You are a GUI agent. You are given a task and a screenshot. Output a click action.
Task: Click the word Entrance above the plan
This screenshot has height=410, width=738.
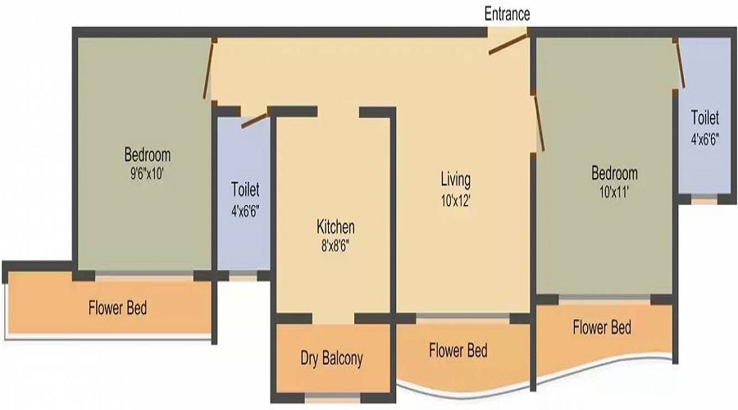click(x=507, y=14)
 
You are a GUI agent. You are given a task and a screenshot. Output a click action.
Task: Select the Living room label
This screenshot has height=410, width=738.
click(x=455, y=180)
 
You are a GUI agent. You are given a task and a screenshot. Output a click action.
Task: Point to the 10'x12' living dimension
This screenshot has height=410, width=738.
click(x=456, y=202)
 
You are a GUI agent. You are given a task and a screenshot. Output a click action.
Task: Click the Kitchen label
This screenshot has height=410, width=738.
click(x=335, y=227)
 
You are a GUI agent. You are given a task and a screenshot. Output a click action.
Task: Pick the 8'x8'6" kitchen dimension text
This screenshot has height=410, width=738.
click(x=335, y=246)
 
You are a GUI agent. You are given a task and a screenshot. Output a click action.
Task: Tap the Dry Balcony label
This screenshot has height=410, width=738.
click(x=332, y=358)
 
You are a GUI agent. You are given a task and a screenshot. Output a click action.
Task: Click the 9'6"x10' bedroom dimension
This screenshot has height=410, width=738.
click(x=147, y=174)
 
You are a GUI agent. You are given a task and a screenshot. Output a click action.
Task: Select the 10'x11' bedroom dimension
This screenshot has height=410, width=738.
click(x=614, y=193)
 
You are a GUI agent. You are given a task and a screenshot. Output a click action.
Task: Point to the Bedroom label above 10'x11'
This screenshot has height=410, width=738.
click(x=614, y=173)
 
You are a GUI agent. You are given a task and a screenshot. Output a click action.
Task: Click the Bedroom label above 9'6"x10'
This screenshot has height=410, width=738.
click(x=148, y=155)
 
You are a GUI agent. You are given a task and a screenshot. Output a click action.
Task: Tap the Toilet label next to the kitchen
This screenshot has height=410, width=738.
click(x=245, y=189)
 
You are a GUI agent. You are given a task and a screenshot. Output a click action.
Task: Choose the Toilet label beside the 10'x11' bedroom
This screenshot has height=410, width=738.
click(x=705, y=118)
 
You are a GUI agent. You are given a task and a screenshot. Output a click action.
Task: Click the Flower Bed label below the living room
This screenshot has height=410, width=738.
click(x=458, y=351)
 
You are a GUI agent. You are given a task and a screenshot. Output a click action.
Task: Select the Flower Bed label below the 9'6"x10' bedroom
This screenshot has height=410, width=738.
click(x=117, y=308)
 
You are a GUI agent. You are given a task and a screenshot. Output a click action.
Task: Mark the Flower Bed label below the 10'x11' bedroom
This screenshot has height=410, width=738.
click(x=602, y=327)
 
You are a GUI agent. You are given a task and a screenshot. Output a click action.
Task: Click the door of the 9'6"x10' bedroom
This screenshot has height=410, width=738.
click(x=209, y=70)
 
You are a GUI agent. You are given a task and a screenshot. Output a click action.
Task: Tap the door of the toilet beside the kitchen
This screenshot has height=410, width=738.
click(x=255, y=121)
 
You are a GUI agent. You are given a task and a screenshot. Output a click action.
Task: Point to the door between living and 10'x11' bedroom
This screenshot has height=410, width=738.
click(x=540, y=122)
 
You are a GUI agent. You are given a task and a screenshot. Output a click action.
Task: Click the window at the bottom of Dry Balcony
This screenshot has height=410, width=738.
click(x=332, y=399)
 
